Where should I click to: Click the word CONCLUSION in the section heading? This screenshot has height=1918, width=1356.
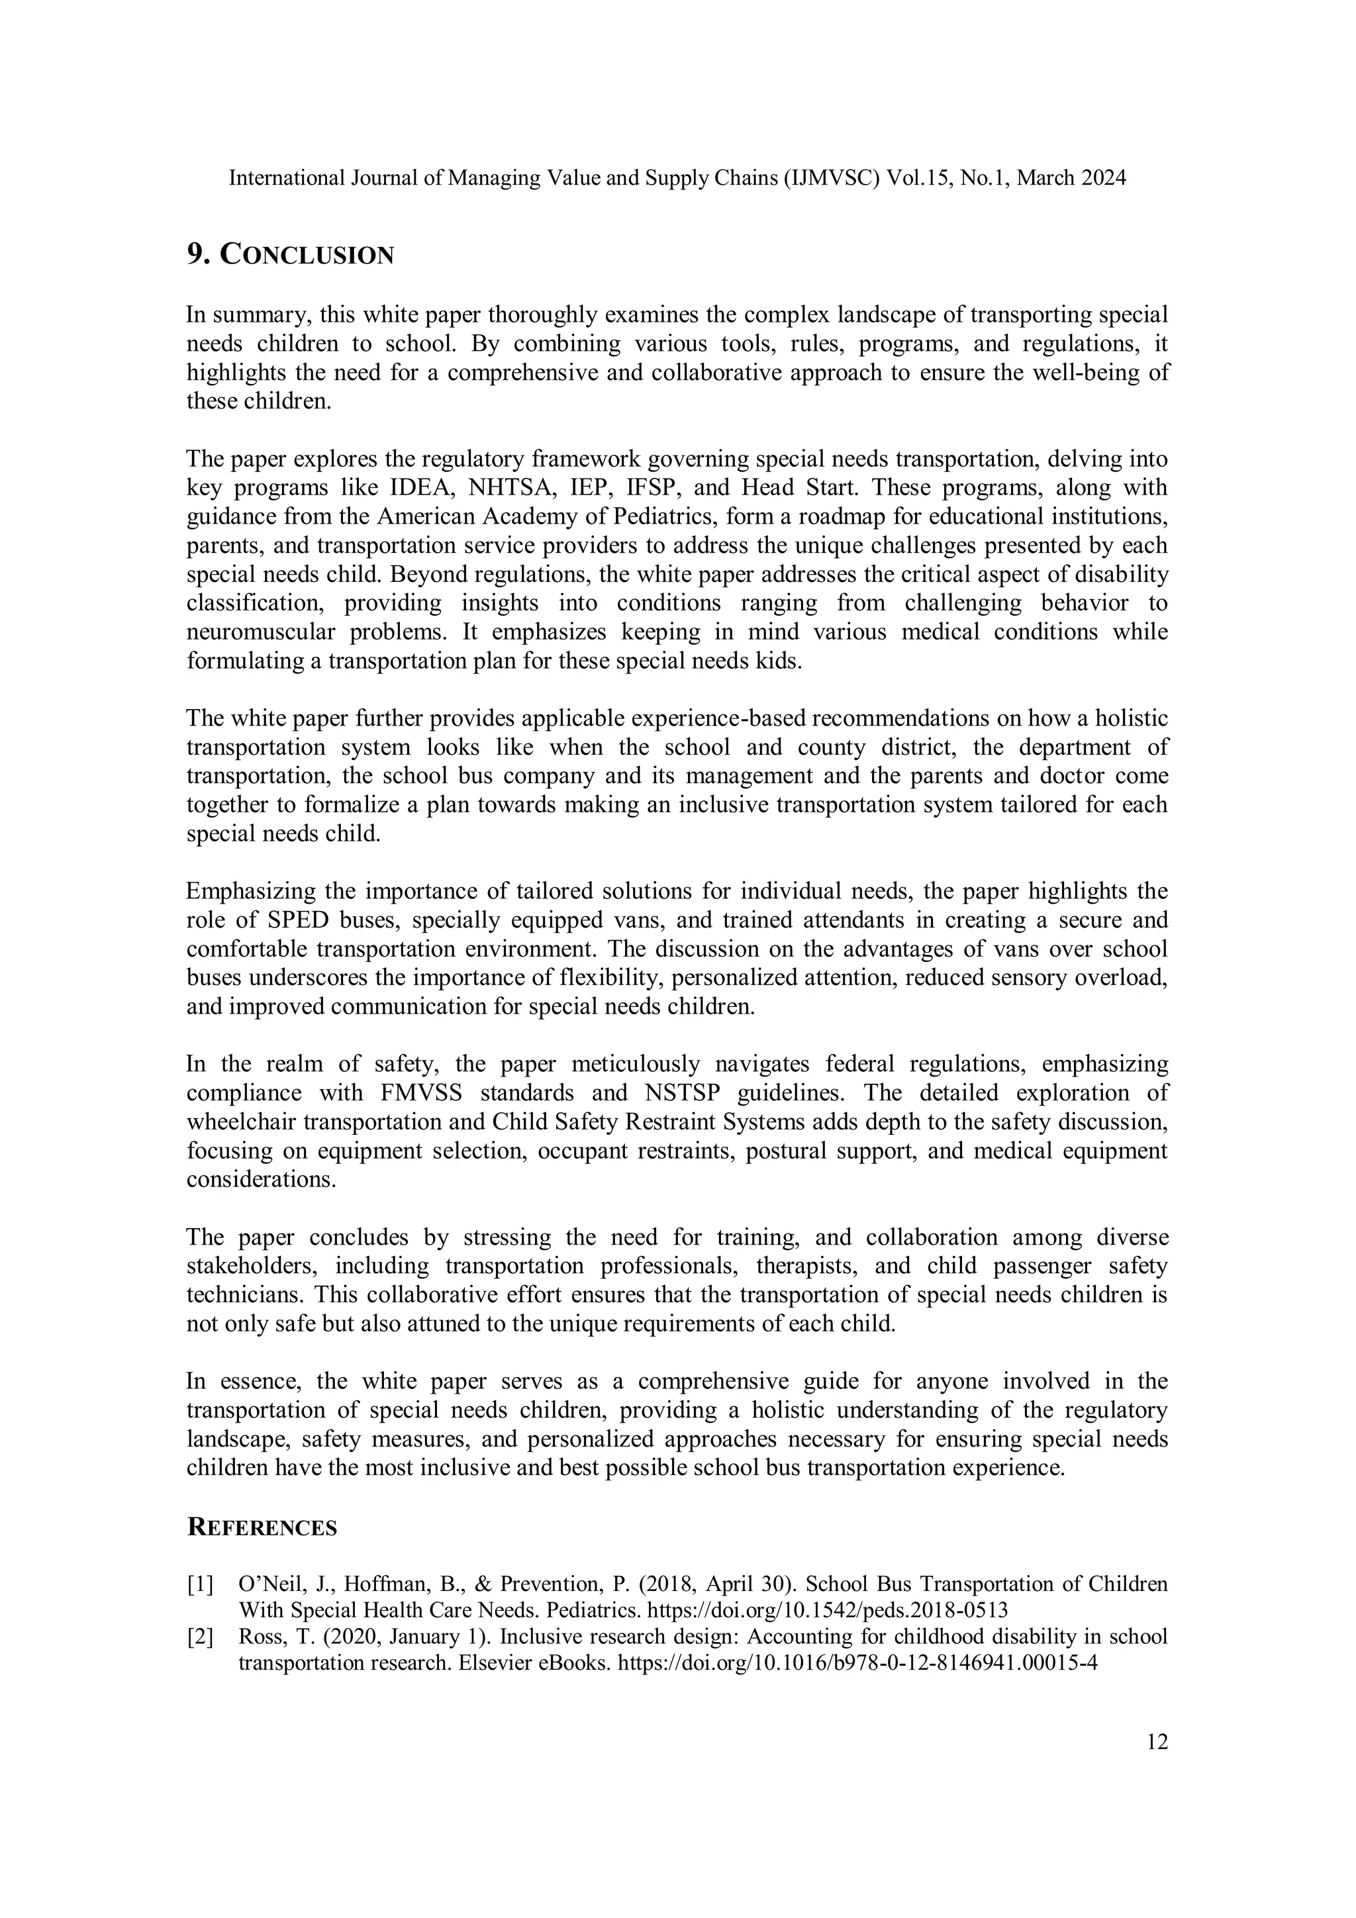point(306,256)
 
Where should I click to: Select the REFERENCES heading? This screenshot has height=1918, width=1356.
point(262,1528)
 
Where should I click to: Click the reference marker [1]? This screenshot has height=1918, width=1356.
point(200,1584)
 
